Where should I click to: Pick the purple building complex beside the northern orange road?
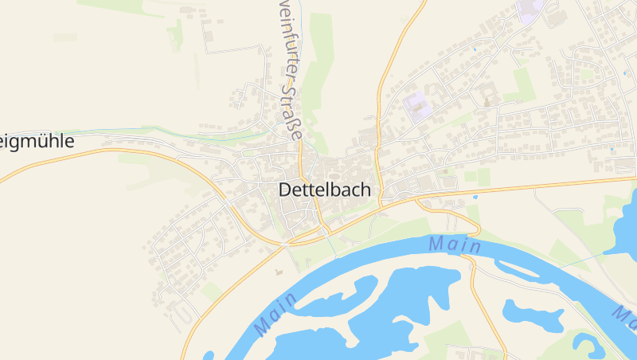tap(415, 107)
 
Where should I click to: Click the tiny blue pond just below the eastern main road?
tap(475, 196)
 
